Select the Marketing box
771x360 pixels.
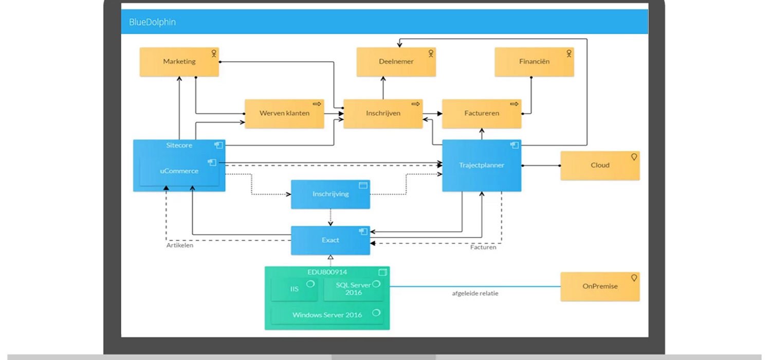(x=179, y=62)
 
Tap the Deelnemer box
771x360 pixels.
(x=396, y=62)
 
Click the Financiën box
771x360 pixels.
(x=534, y=62)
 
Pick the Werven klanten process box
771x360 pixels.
(x=284, y=113)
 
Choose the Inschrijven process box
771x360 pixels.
(x=383, y=113)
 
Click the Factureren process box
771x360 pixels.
(x=482, y=113)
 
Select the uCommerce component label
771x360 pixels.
(x=179, y=171)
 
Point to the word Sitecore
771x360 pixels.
(x=179, y=146)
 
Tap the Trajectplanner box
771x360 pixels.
(x=482, y=166)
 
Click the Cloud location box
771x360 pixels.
(x=600, y=166)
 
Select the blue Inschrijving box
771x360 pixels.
(x=331, y=194)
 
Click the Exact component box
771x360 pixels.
(x=331, y=240)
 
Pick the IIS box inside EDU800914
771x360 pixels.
(x=294, y=290)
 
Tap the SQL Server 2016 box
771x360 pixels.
(x=354, y=289)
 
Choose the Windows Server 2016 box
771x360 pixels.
(x=327, y=315)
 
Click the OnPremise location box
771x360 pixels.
(x=600, y=286)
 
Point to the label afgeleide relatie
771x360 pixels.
(x=475, y=294)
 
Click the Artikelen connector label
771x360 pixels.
(x=180, y=245)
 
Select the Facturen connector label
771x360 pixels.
(x=483, y=247)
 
